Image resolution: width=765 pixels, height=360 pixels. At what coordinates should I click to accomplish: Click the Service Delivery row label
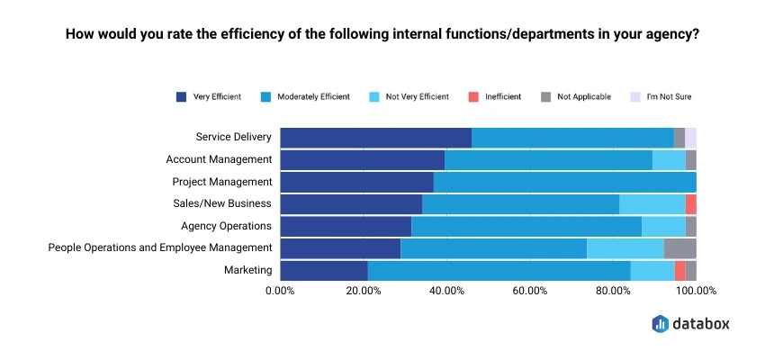(x=233, y=138)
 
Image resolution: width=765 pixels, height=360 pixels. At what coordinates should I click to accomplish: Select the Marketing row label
(x=247, y=270)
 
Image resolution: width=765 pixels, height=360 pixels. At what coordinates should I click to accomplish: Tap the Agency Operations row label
(x=226, y=226)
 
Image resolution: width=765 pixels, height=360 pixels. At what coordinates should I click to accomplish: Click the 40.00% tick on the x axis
(x=446, y=291)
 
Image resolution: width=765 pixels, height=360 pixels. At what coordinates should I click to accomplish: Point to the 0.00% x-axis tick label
(x=280, y=291)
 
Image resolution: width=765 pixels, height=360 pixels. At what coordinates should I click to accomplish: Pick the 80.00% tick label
(x=613, y=291)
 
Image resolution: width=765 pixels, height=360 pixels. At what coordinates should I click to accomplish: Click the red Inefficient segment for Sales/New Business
(x=690, y=203)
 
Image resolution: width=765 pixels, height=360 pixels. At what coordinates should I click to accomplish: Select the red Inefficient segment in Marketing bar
(x=679, y=270)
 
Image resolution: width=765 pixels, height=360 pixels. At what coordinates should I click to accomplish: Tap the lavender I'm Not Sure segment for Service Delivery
(x=690, y=138)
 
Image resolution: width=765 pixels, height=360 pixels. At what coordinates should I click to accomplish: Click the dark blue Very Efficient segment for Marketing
(x=324, y=270)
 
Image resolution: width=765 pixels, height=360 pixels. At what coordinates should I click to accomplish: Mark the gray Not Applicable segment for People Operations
(x=679, y=248)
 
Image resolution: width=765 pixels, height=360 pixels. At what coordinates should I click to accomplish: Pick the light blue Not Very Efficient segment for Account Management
(x=669, y=160)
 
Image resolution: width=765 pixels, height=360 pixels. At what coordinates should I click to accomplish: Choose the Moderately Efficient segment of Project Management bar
(x=564, y=182)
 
